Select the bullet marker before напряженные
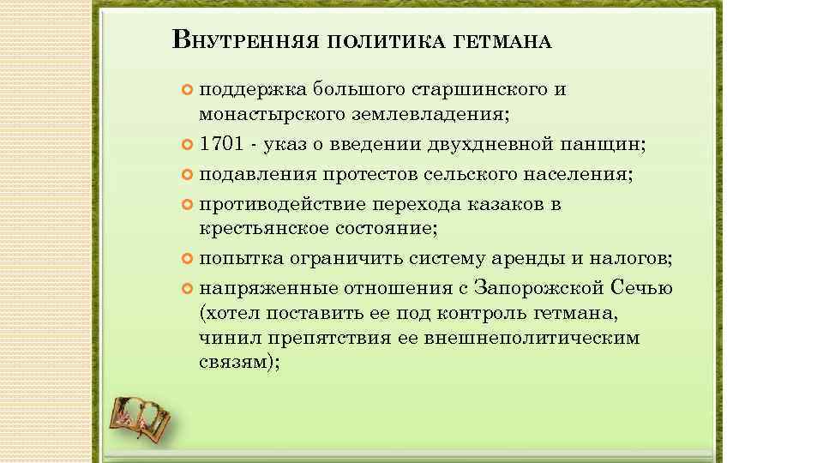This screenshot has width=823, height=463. [x=189, y=287]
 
